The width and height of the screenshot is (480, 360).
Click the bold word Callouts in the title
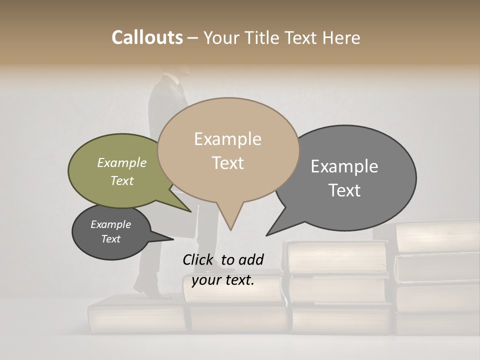(x=147, y=37)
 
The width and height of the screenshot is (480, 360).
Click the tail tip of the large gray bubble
(x=267, y=235)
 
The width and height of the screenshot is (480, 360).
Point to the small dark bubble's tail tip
(x=173, y=239)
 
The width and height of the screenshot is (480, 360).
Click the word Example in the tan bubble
(x=227, y=139)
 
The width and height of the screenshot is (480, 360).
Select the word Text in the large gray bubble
(x=344, y=190)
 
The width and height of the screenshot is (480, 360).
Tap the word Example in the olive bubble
(x=122, y=163)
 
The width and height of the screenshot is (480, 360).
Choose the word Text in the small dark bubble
(x=110, y=239)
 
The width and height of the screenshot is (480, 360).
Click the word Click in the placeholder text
(x=198, y=259)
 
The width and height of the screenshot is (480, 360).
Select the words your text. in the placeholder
(x=223, y=280)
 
